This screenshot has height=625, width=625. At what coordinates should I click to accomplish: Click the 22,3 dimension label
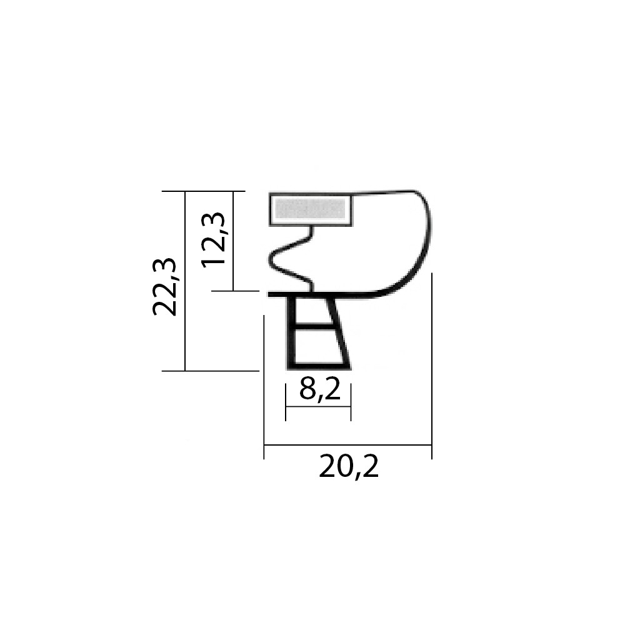(x=164, y=287)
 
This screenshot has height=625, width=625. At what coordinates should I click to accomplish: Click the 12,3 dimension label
(x=213, y=240)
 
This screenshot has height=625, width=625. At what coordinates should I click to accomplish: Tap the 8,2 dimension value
(x=320, y=390)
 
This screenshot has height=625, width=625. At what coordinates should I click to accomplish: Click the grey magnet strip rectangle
(x=311, y=209)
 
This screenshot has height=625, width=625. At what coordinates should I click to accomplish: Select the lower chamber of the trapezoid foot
(x=317, y=346)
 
